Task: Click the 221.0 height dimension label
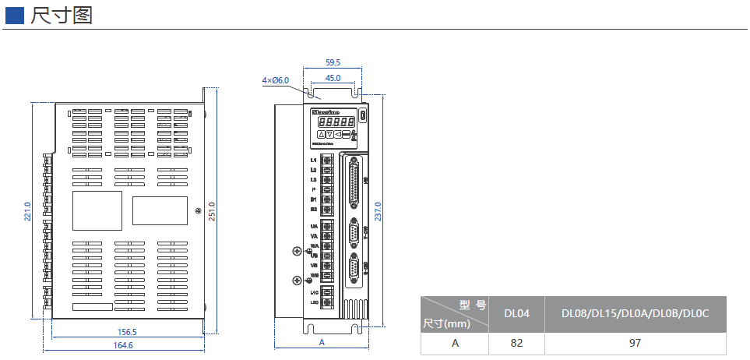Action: pyautogui.click(x=27, y=211)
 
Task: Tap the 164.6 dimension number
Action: pyautogui.click(x=123, y=345)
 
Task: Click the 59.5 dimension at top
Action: pyautogui.click(x=333, y=62)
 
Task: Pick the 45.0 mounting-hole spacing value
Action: pyautogui.click(x=333, y=78)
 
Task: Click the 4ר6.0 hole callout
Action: pyautogui.click(x=276, y=80)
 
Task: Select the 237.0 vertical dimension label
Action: pyautogui.click(x=379, y=211)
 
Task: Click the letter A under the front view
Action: pyautogui.click(x=321, y=342)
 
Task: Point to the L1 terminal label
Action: pyautogui.click(x=313, y=160)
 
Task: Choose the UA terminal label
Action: pyautogui.click(x=313, y=226)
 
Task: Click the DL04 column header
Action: pyautogui.click(x=516, y=314)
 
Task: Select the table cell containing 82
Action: pyautogui.click(x=516, y=343)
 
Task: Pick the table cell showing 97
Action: pyautogui.click(x=635, y=343)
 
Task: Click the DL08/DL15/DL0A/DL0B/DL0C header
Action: pyautogui.click(x=635, y=314)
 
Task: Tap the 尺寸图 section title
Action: pyautogui.click(x=62, y=16)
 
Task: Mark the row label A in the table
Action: pyautogui.click(x=454, y=343)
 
